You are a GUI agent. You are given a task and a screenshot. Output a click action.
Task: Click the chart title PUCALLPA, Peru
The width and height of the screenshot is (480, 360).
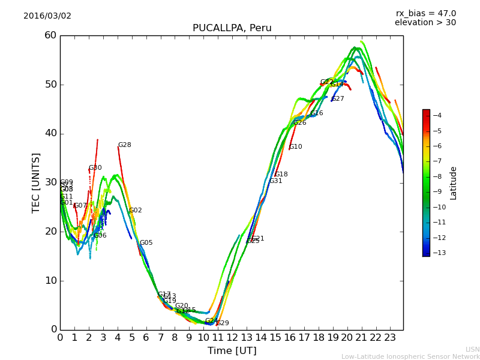click(232, 28)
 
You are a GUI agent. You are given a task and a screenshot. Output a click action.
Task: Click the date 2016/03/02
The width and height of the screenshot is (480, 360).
click(47, 16)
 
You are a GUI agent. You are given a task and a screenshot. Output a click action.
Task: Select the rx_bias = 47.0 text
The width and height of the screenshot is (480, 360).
click(425, 13)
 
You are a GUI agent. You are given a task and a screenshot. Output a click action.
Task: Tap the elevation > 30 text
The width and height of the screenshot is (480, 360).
click(425, 23)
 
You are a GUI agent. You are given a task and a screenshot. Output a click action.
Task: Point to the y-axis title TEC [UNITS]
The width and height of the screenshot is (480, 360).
click(36, 182)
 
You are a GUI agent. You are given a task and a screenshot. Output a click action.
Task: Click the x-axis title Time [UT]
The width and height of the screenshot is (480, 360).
click(232, 351)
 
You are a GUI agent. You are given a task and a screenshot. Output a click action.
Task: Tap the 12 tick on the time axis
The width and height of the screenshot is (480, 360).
click(232, 338)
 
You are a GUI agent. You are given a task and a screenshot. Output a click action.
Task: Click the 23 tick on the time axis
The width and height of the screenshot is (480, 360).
click(390, 338)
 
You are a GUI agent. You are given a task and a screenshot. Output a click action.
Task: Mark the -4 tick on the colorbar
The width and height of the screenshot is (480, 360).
click(437, 116)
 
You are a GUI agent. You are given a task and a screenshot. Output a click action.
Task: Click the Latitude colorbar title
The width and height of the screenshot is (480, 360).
click(454, 183)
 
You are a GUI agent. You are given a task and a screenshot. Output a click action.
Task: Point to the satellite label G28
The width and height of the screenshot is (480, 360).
click(124, 145)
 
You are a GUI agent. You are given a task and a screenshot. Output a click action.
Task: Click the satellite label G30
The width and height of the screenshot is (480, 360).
click(95, 168)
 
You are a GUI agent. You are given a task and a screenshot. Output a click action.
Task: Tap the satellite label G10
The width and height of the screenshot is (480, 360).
click(295, 147)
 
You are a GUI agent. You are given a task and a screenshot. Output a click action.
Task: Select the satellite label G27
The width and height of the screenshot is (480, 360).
click(338, 99)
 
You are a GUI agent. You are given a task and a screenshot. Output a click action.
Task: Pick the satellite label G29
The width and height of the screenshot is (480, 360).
click(223, 323)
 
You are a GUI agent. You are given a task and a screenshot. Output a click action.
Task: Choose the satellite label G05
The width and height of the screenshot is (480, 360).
click(146, 243)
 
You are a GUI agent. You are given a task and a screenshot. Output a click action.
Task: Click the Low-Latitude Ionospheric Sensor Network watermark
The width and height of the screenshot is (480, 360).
click(410, 356)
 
